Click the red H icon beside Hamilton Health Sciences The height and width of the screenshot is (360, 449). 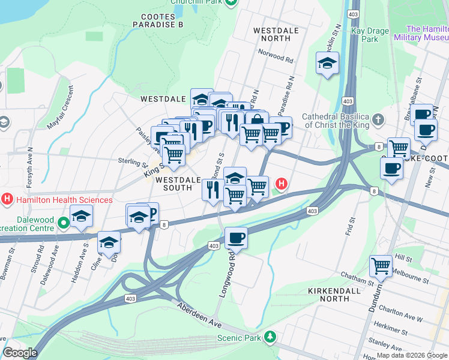click(x=7, y=198)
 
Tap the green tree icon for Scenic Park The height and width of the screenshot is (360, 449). click(x=271, y=337)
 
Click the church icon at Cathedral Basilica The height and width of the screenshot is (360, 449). click(x=378, y=120)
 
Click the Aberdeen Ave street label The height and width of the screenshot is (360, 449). click(x=199, y=314)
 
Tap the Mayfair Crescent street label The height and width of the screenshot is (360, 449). click(x=62, y=108)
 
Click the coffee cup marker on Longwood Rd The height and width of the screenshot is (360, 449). click(x=236, y=238)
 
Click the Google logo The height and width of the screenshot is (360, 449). click(x=20, y=353)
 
